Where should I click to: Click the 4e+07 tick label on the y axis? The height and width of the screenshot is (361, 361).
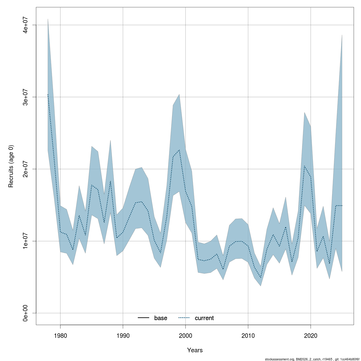pos(26,25)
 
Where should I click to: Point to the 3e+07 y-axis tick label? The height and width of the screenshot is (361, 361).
pos(26,97)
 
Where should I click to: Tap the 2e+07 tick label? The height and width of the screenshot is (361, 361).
pos(26,169)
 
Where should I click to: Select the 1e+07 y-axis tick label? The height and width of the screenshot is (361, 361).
pos(26,241)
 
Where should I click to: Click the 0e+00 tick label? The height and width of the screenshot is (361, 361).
pos(26,313)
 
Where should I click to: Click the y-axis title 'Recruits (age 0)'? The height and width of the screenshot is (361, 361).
pos(11,166)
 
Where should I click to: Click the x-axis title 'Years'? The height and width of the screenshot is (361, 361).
pos(195,350)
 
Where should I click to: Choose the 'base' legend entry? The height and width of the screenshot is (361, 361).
pos(161,318)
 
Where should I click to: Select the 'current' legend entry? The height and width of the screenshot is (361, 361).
pos(204,318)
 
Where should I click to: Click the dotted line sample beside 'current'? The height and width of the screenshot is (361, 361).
pos(184,318)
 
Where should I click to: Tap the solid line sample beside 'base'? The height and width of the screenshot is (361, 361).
pos(144,318)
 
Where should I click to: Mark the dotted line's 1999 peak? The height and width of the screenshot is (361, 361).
pos(179,150)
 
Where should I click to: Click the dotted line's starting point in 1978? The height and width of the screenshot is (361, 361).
pos(48,94)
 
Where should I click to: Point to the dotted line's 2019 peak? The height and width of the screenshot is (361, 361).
pos(304,166)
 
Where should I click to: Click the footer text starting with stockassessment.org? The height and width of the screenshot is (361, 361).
pos(312,359)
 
